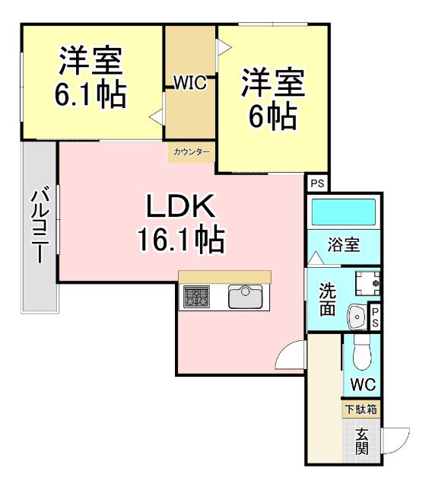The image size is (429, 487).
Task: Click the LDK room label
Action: (x=182, y=205)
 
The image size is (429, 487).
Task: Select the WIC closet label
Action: (x=190, y=83)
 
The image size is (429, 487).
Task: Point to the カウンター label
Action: (x=192, y=152)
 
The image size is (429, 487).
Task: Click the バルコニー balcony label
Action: (x=40, y=226)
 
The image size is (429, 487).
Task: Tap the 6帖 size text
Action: (x=272, y=115)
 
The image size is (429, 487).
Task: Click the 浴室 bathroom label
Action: (x=342, y=245)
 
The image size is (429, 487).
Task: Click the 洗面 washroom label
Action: (x=327, y=299)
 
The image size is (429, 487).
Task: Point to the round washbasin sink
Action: (x=355, y=314)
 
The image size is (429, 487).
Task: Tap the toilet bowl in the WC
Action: (x=361, y=352)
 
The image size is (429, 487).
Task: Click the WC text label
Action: (x=361, y=383)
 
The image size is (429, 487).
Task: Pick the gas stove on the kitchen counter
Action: (x=196, y=297)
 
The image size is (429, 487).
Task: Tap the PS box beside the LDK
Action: (x=317, y=183)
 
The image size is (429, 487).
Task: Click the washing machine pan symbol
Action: (x=367, y=284)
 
